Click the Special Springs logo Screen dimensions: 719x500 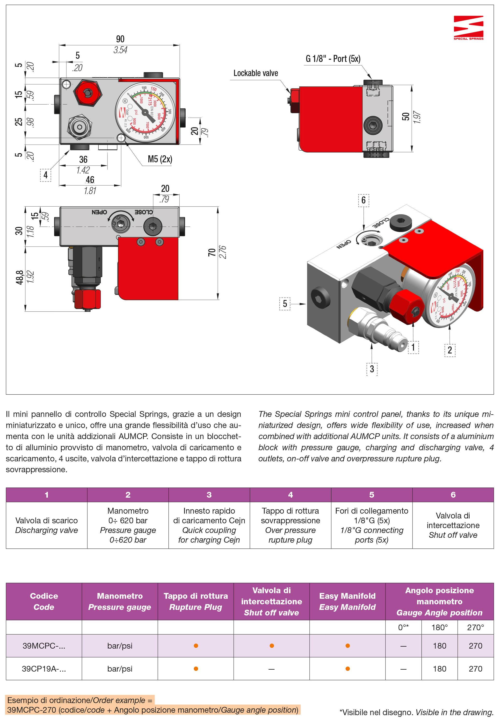click(x=468, y=28)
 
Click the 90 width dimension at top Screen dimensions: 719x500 click(x=120, y=39)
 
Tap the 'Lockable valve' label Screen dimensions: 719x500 click(x=255, y=73)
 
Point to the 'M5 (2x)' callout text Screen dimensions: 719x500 click(x=160, y=159)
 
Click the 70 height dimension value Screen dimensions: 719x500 click(x=212, y=252)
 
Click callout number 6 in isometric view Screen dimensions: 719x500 click(x=363, y=200)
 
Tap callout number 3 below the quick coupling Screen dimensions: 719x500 click(x=371, y=369)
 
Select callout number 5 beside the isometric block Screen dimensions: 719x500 click(x=284, y=303)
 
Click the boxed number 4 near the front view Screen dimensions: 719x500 click(x=46, y=175)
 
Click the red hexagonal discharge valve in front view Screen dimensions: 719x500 click(x=88, y=93)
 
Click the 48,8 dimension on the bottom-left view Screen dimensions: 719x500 click(x=19, y=277)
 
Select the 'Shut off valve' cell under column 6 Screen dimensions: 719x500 click(x=452, y=525)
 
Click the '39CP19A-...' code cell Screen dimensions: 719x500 click(x=44, y=669)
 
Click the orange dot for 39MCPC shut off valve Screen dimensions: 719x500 click(x=272, y=646)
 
